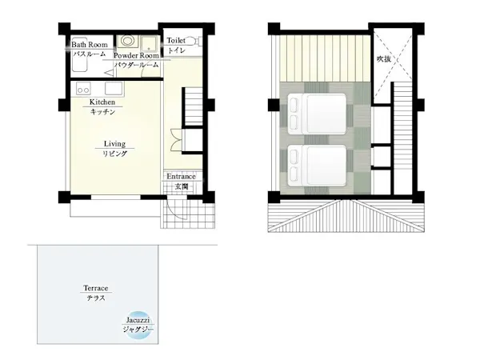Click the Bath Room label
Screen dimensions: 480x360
click(x=90, y=45)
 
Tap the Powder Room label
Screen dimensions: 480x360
click(x=136, y=56)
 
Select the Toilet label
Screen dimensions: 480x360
click(x=176, y=41)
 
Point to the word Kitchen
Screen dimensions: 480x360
click(x=102, y=102)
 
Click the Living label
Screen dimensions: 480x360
click(x=114, y=143)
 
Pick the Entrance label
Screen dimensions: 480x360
click(x=181, y=176)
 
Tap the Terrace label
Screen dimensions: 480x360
click(x=96, y=288)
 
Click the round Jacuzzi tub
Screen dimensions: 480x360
click(x=138, y=326)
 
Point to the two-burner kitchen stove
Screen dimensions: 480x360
click(x=83, y=89)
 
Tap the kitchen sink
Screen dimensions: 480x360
click(x=114, y=89)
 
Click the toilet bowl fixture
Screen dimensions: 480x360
click(x=192, y=41)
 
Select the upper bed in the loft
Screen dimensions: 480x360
click(x=317, y=114)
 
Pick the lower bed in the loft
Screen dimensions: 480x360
click(x=317, y=166)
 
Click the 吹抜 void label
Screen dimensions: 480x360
click(x=384, y=58)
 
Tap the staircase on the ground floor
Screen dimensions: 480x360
click(x=193, y=106)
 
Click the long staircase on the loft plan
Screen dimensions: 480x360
click(x=402, y=138)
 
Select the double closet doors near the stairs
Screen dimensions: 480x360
click(x=177, y=140)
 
